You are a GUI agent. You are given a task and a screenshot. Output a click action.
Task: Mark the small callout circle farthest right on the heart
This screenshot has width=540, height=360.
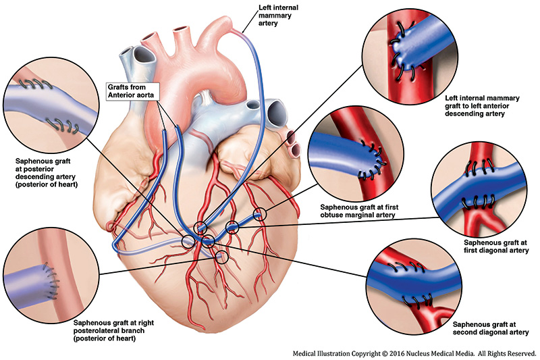(x=261, y=215)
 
